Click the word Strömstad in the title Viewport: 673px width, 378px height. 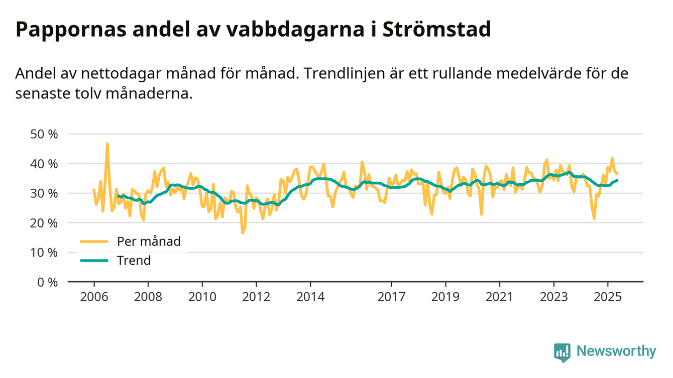click(436, 30)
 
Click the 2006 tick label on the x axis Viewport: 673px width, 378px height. click(94, 297)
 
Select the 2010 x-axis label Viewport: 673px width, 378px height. click(202, 297)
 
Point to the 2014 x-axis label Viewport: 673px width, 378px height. click(310, 297)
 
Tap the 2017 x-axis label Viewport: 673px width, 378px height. click(391, 297)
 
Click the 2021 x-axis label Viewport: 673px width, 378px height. click(500, 297)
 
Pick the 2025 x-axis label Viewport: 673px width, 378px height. click(608, 297)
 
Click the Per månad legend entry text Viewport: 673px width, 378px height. click(149, 241)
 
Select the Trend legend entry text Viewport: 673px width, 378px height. click(134, 261)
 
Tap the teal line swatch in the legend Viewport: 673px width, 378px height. click(94, 261)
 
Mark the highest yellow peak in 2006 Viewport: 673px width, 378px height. click(107, 144)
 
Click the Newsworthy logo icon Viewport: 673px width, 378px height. click(562, 352)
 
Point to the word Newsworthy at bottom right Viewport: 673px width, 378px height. click(616, 351)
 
